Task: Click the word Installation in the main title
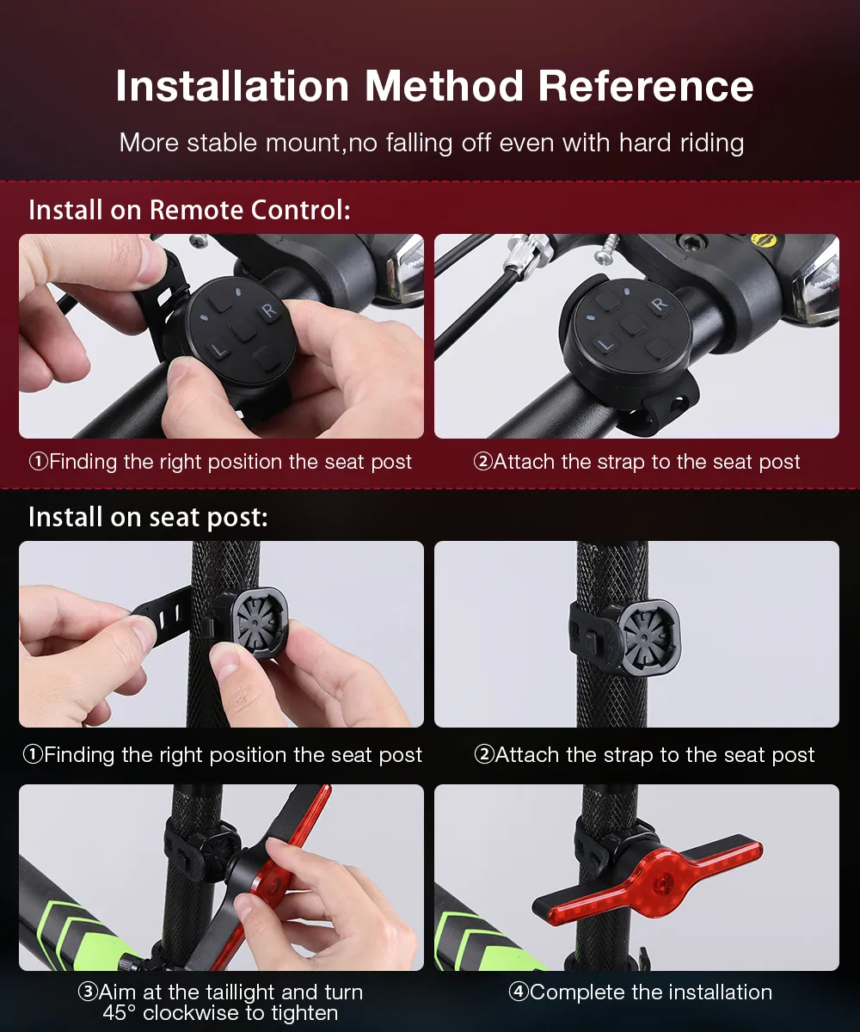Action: tap(233, 86)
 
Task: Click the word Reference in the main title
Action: tap(646, 86)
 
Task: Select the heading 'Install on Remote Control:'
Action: tap(189, 210)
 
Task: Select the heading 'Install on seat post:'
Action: tap(148, 518)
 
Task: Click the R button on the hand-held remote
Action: tap(269, 311)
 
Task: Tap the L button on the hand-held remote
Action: tap(218, 350)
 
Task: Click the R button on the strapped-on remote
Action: tap(660, 304)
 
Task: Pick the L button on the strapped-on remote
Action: tap(605, 345)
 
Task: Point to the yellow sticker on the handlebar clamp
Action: tap(764, 241)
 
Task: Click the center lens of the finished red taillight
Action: tap(663, 881)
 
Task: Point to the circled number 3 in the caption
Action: tap(88, 992)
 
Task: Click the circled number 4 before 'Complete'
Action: tap(519, 992)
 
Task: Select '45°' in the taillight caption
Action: tap(119, 1013)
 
